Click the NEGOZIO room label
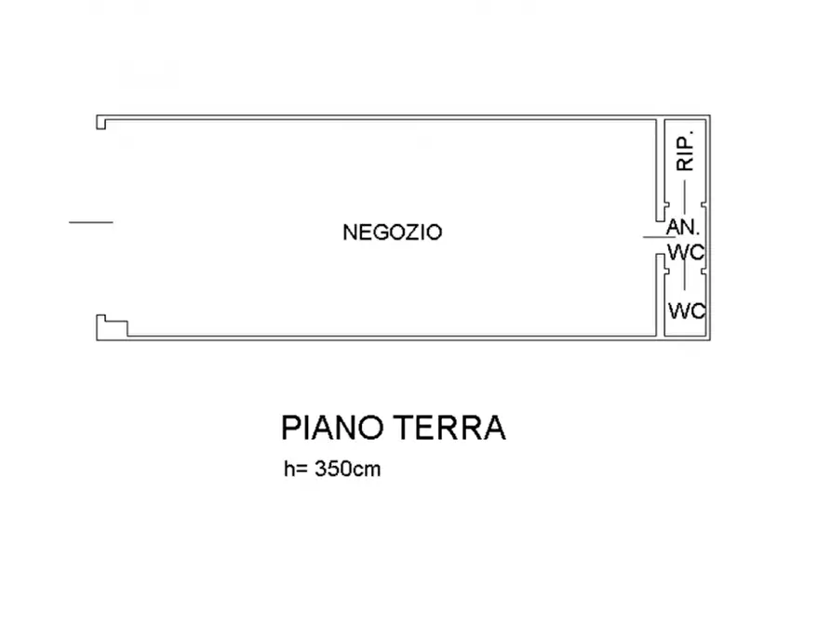392,232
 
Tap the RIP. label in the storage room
687,151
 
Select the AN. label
683,226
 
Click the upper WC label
686,252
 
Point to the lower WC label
686,311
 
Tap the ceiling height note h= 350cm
332,470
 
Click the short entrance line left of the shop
90,222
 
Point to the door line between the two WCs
685,277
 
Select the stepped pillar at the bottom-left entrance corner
110,325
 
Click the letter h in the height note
288,470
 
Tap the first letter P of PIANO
290,429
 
